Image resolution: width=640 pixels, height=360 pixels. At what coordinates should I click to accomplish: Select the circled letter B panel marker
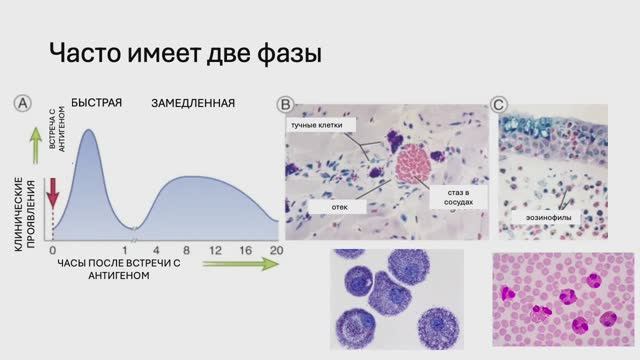click(285, 103)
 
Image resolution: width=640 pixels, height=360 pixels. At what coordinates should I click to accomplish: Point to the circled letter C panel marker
click(499, 103)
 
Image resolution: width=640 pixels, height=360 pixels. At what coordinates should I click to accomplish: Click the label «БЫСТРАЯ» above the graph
click(96, 103)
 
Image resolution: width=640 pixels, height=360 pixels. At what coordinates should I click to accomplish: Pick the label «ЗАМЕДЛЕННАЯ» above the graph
click(193, 103)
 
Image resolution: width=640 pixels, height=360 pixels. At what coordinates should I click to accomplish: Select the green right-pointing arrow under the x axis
click(240, 265)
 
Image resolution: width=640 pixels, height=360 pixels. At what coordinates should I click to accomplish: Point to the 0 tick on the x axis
click(52, 249)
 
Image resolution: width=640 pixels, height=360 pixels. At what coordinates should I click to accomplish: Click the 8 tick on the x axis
click(186, 249)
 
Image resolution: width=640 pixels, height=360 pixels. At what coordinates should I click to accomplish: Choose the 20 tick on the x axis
click(275, 249)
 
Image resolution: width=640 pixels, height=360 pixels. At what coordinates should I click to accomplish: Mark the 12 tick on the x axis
click(215, 249)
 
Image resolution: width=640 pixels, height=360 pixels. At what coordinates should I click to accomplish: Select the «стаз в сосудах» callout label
click(451, 196)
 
